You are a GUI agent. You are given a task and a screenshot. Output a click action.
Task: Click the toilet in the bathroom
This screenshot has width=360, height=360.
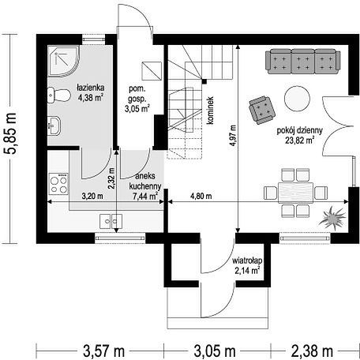pos(59,95)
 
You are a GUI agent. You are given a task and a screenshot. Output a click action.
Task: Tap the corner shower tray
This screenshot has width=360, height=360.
pos(63,62)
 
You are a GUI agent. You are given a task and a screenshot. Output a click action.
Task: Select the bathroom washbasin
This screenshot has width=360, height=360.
pos(54,126)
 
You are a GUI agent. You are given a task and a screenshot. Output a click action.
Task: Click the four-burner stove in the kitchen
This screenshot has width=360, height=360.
pos(58,184)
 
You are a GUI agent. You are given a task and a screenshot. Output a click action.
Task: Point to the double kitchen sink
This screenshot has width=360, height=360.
pos(111,221)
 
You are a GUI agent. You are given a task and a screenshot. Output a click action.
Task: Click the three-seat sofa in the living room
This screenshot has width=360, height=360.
pos(303,62)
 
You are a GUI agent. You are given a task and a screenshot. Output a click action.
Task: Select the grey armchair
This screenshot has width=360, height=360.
pos(262,110)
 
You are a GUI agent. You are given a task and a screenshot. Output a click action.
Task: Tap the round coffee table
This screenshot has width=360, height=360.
pos(297,99)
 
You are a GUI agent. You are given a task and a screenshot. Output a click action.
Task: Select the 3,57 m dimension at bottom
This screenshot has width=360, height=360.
pos(103,351)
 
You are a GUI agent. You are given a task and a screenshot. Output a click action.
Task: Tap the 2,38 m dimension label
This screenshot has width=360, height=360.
pos(312,351)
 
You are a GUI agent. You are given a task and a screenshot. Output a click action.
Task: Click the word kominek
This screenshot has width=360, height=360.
pos(210,111)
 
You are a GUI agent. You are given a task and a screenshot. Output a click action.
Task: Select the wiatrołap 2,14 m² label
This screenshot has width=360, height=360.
pos(247,265)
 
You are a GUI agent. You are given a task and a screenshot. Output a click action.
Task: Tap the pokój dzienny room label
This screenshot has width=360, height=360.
pos(300,136)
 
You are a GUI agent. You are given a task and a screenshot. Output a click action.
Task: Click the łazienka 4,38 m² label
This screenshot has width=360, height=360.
pos(90,92)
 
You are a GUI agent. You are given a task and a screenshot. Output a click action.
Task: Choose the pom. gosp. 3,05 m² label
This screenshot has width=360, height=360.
pos(137,99)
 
